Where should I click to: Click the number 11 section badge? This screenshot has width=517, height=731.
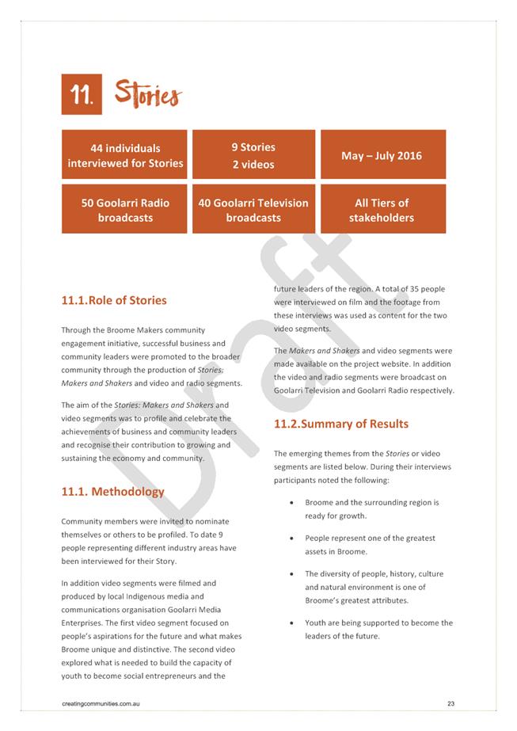point(81,96)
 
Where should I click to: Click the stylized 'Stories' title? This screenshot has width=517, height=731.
point(147,94)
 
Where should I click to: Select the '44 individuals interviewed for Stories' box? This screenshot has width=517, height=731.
point(124,155)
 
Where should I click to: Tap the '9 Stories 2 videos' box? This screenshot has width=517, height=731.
point(253,155)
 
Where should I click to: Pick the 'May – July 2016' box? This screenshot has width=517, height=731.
point(382,155)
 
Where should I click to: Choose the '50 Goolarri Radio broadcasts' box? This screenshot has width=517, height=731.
point(124,210)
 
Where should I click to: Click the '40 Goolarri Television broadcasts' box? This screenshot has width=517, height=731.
point(253,210)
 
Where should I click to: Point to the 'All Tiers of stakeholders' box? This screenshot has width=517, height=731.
point(382,210)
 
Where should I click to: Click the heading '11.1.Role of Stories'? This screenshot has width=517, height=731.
point(114,300)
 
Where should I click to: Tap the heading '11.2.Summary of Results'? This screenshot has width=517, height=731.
point(341,424)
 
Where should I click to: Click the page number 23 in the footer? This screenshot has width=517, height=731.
point(450,703)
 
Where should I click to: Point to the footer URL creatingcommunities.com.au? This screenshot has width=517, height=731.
point(101,703)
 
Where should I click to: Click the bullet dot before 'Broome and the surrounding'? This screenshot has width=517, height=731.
point(294,503)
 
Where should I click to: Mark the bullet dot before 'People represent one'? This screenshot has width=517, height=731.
point(294,539)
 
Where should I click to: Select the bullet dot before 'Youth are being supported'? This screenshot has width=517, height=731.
point(294,623)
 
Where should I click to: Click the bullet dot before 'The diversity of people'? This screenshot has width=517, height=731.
point(294,574)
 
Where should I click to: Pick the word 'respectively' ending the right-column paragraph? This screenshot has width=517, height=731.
point(428,390)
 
